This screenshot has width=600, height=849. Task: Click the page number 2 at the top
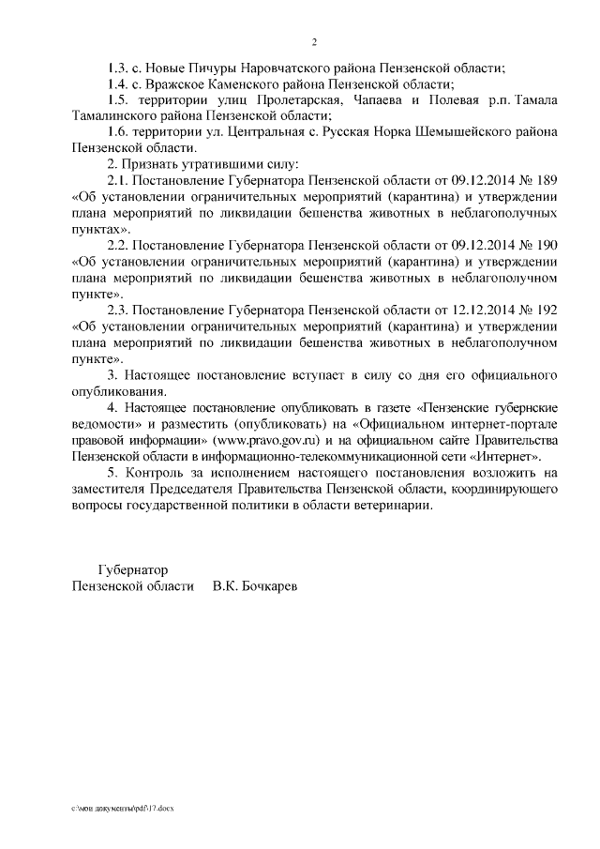pyautogui.click(x=314, y=42)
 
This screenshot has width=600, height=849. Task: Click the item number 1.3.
pyautogui.click(x=119, y=68)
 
